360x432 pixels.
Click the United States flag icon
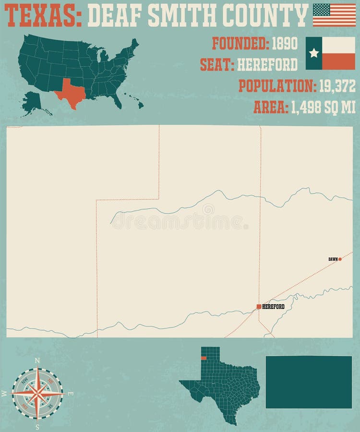point(334,15)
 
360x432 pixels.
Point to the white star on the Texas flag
point(314,53)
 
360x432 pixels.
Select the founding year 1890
point(285,44)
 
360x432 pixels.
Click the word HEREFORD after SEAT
point(267,64)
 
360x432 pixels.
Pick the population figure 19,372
point(336,86)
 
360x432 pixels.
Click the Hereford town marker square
point(259,306)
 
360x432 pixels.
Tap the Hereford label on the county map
point(274,307)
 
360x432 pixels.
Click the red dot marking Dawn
point(340,259)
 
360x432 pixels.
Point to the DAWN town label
point(333,259)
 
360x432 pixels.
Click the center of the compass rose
point(37,393)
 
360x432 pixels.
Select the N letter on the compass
point(37,360)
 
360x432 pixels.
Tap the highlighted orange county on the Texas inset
point(204,358)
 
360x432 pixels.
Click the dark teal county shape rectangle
point(309,382)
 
